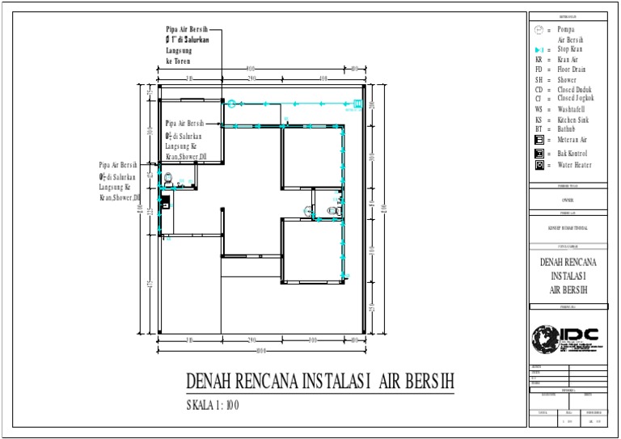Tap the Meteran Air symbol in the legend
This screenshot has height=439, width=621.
(x=539, y=140)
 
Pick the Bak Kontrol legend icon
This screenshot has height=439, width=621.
(x=539, y=153)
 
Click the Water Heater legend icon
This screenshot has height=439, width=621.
(x=539, y=165)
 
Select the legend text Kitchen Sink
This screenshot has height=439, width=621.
(x=573, y=120)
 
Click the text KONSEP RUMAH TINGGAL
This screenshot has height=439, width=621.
(x=570, y=227)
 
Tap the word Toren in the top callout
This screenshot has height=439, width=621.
(x=185, y=61)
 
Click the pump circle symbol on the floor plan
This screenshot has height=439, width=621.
(x=231, y=103)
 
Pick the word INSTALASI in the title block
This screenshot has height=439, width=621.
(x=570, y=276)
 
